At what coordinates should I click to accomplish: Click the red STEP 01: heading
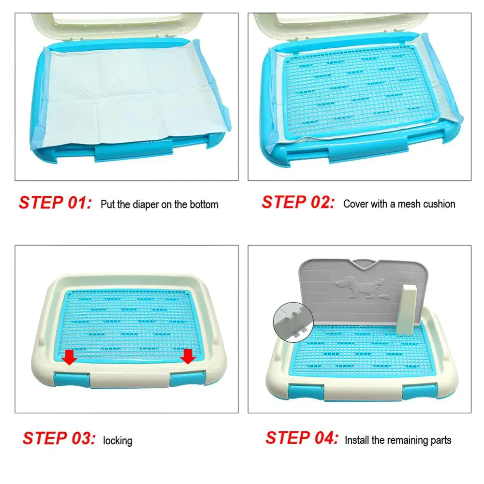click(55, 203)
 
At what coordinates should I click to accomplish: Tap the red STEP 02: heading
click(298, 203)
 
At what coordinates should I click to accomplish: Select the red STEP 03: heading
click(59, 439)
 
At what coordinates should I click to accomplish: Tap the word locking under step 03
click(117, 440)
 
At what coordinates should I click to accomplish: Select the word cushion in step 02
click(439, 204)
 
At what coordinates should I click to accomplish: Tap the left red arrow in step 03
click(70, 357)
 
